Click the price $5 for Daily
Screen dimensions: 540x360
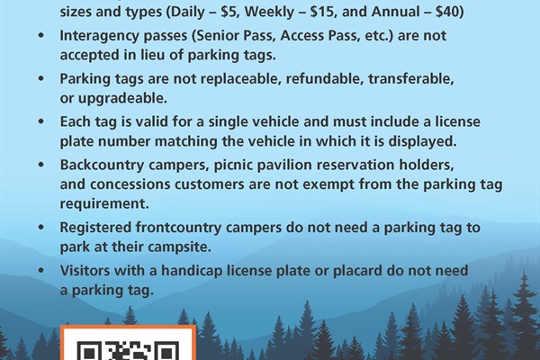229,12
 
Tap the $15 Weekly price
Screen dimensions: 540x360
323,12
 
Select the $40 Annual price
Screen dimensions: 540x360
447,12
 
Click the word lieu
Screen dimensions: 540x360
153,55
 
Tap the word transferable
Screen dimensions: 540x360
411,79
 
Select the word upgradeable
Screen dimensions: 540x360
122,99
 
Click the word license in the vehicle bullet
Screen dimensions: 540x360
458,121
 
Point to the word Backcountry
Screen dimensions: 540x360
102,165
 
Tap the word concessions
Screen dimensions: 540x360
130,184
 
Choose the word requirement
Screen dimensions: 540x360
104,204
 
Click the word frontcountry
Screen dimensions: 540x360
178,228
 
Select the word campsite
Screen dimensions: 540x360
181,247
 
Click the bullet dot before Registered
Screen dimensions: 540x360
41,228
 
